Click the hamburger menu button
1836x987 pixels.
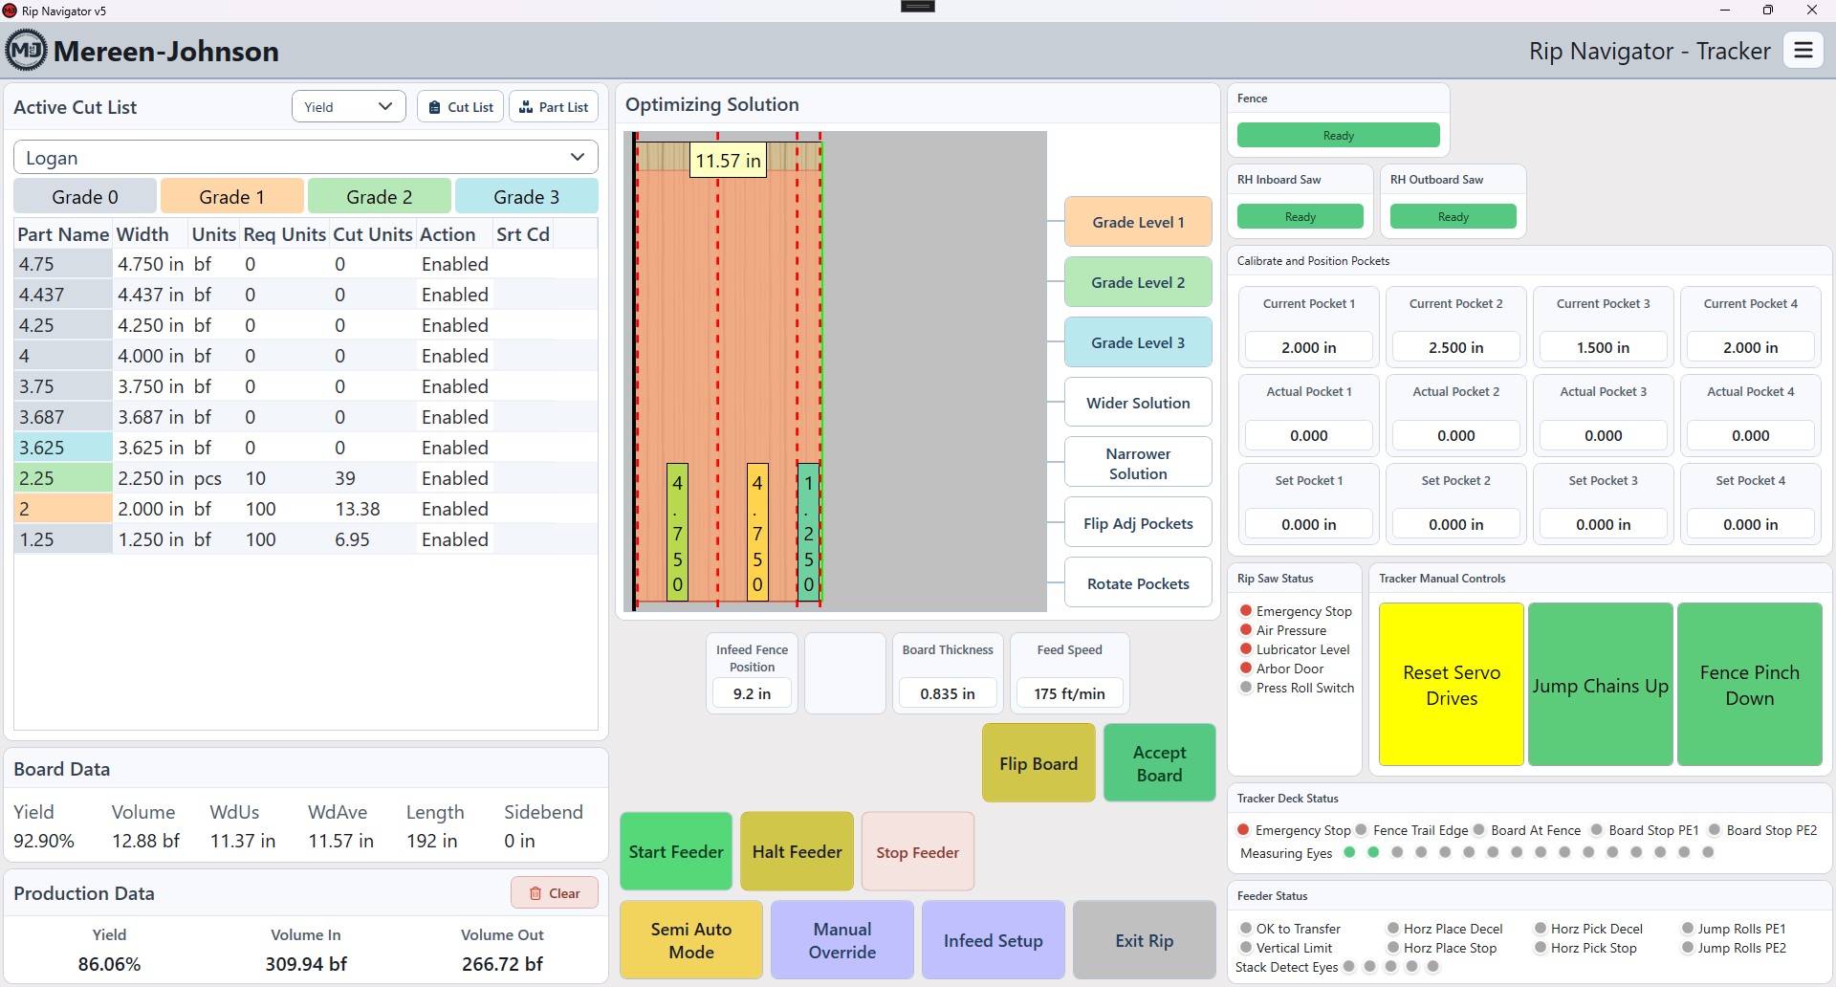(1803, 51)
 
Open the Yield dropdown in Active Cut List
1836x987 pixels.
(348, 107)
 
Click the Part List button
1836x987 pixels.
(554, 107)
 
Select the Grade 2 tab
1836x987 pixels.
(380, 197)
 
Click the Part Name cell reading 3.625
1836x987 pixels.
(63, 448)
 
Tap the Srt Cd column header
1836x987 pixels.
(523, 234)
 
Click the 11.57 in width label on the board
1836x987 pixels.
(728, 161)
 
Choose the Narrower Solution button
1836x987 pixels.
(1138, 463)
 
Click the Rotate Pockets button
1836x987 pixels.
(1138, 583)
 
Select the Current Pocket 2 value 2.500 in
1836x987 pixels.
(1455, 347)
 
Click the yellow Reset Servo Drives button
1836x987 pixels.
(1452, 685)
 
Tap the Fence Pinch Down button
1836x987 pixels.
(1750, 685)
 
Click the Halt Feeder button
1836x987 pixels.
(798, 851)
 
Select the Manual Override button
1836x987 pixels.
(842, 940)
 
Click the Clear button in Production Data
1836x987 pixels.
(555, 893)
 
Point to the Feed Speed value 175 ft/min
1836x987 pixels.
(1069, 693)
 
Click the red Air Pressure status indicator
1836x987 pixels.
(1246, 629)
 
